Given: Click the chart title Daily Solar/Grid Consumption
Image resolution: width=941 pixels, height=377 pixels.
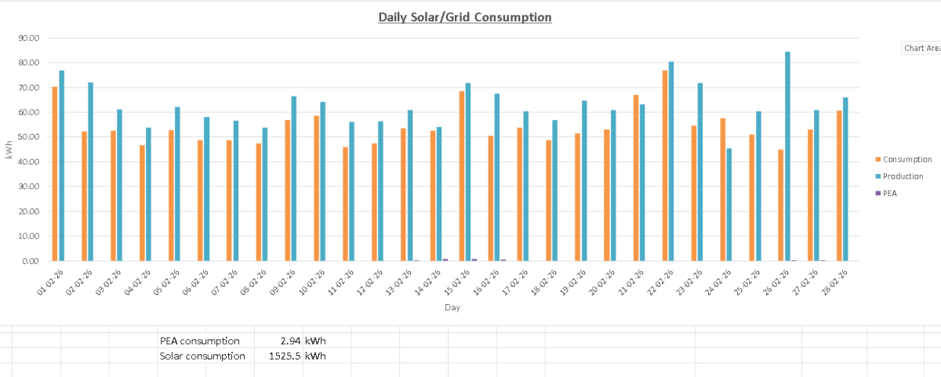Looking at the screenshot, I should [465, 16].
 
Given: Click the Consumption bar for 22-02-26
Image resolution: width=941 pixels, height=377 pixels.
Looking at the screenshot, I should [665, 165].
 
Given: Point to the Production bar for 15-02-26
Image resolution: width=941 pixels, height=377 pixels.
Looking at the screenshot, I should [468, 172].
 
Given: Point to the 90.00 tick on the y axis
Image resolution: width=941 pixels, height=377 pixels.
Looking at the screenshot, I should [28, 38].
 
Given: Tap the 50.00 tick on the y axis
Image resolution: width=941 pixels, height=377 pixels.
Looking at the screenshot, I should [28, 137].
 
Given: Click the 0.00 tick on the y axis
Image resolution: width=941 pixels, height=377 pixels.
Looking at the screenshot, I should [30, 261].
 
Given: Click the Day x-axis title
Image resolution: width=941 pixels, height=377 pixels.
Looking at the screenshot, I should [452, 308].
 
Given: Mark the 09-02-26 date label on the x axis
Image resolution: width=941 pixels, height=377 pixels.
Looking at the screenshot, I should [282, 281].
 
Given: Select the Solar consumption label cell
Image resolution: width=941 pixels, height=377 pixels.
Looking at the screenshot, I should [202, 356].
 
